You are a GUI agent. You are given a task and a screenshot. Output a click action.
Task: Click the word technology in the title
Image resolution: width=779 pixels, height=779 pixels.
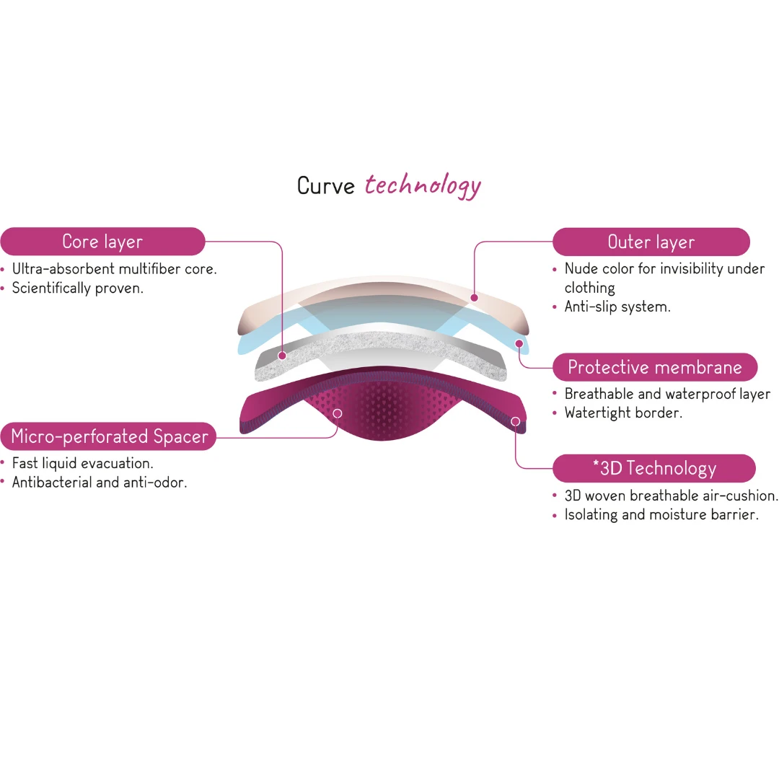[x=423, y=185]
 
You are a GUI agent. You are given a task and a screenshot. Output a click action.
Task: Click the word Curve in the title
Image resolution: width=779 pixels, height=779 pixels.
[x=326, y=186]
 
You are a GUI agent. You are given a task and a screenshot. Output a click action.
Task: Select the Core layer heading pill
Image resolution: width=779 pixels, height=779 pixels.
[x=102, y=242]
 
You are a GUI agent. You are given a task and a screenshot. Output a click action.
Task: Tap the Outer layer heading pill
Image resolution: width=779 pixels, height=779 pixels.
[x=651, y=242]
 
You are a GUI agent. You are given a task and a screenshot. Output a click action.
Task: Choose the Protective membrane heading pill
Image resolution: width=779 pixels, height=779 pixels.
[x=654, y=367]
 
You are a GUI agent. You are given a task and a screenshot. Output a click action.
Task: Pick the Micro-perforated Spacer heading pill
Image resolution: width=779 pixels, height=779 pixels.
[x=109, y=436]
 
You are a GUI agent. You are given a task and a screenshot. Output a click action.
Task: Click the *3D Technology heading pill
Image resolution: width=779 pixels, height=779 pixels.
[x=653, y=468]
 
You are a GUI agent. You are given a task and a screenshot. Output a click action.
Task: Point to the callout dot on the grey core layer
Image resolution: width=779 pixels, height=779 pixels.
[x=283, y=356]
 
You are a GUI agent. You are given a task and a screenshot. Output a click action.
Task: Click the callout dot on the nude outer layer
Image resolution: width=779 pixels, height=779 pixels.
[x=474, y=297]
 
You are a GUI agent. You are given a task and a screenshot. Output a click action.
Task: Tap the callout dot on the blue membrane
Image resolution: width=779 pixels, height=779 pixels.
[x=519, y=343]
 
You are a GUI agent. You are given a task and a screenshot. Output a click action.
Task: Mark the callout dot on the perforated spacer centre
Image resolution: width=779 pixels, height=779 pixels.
[x=338, y=413]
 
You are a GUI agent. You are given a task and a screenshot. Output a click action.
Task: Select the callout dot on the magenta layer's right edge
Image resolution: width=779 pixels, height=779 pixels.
[x=515, y=421]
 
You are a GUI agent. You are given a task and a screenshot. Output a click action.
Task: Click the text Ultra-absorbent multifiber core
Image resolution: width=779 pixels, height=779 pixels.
[x=114, y=269]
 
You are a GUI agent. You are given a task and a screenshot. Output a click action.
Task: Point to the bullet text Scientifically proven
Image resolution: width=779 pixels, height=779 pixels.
[x=78, y=288]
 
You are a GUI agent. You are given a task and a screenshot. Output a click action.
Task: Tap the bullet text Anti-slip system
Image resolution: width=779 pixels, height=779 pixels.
[x=617, y=307]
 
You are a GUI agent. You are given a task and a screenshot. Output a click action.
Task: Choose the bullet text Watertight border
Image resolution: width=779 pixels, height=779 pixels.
[x=623, y=413]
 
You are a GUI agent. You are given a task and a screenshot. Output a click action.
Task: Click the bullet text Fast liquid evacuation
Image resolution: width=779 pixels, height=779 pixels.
[x=82, y=463]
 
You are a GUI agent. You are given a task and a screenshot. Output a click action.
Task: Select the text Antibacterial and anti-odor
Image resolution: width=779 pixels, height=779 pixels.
[x=99, y=482]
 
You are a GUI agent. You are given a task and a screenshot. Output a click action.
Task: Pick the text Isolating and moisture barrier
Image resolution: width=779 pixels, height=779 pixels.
[x=661, y=514]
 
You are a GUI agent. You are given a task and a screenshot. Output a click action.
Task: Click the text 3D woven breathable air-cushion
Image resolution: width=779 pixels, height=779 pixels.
[x=671, y=496]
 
